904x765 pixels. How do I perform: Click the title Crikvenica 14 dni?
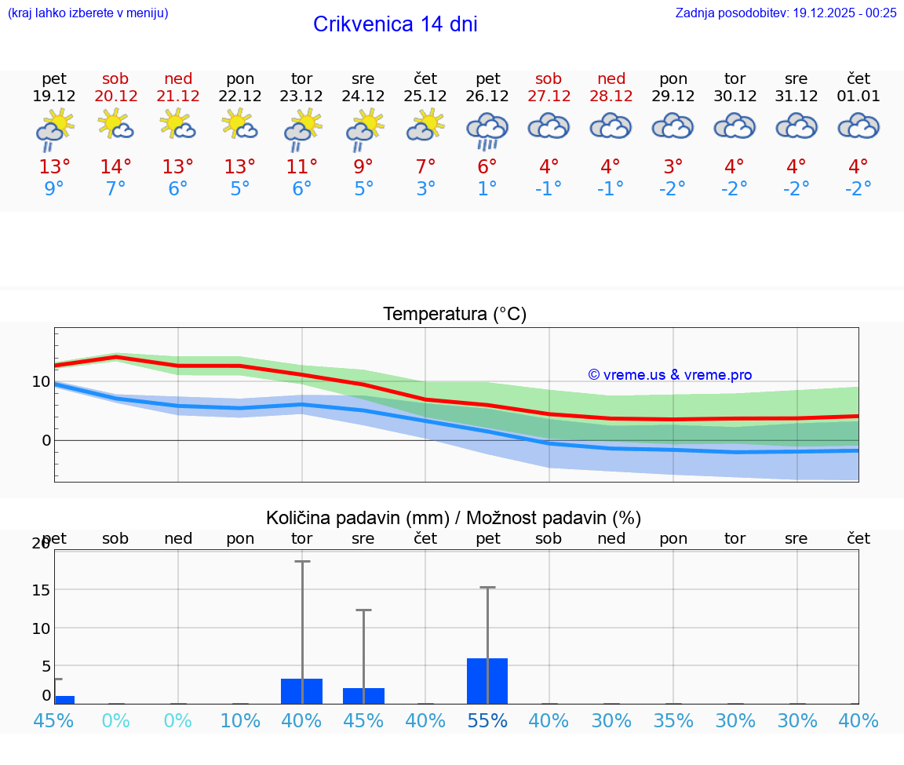coord(395,24)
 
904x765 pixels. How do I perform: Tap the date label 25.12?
coord(425,97)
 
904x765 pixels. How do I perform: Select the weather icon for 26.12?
coord(487,129)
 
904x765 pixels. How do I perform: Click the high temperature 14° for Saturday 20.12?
coord(115,167)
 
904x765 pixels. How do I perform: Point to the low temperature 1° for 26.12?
coord(487,189)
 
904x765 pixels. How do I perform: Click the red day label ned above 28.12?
coord(611,78)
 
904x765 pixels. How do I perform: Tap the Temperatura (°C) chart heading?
coord(454,315)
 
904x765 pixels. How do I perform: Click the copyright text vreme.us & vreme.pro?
coord(669,375)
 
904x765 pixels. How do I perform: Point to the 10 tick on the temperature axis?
coord(41,382)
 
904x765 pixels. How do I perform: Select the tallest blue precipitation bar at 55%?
coord(487,681)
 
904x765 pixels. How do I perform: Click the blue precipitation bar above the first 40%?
coord(302,691)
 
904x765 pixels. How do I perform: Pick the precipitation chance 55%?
coord(487,720)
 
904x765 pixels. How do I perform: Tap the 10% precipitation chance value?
coord(240,720)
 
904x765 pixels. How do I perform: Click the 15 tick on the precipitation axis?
coord(40,590)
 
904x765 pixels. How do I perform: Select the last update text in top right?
coord(786,13)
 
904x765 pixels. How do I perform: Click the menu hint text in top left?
coord(88,13)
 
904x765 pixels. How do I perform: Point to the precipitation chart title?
coord(453,518)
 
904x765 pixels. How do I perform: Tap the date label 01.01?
coord(858,97)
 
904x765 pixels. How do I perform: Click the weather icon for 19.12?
coord(54,129)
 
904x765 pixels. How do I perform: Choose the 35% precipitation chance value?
coord(673,720)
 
